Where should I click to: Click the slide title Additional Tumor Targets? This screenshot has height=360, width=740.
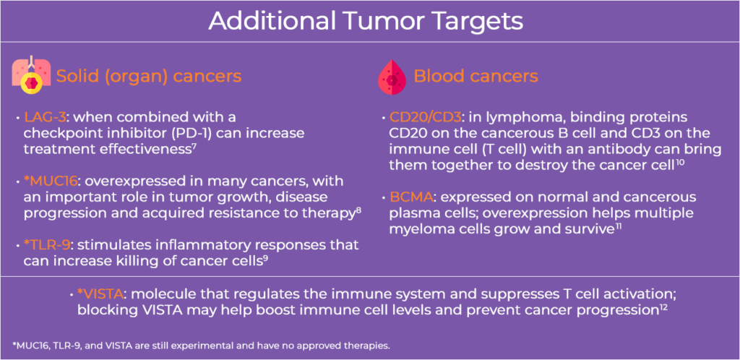366,21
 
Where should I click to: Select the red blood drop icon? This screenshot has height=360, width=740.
392,77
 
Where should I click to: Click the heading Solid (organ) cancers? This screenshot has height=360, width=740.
149,77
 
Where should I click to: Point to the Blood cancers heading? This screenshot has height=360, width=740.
476,76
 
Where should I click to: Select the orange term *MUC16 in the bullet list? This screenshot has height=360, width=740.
46,181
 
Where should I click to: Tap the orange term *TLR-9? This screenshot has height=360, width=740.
46,245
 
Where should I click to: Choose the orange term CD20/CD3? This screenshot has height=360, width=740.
426,116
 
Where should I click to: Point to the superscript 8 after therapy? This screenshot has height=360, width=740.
358,210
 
